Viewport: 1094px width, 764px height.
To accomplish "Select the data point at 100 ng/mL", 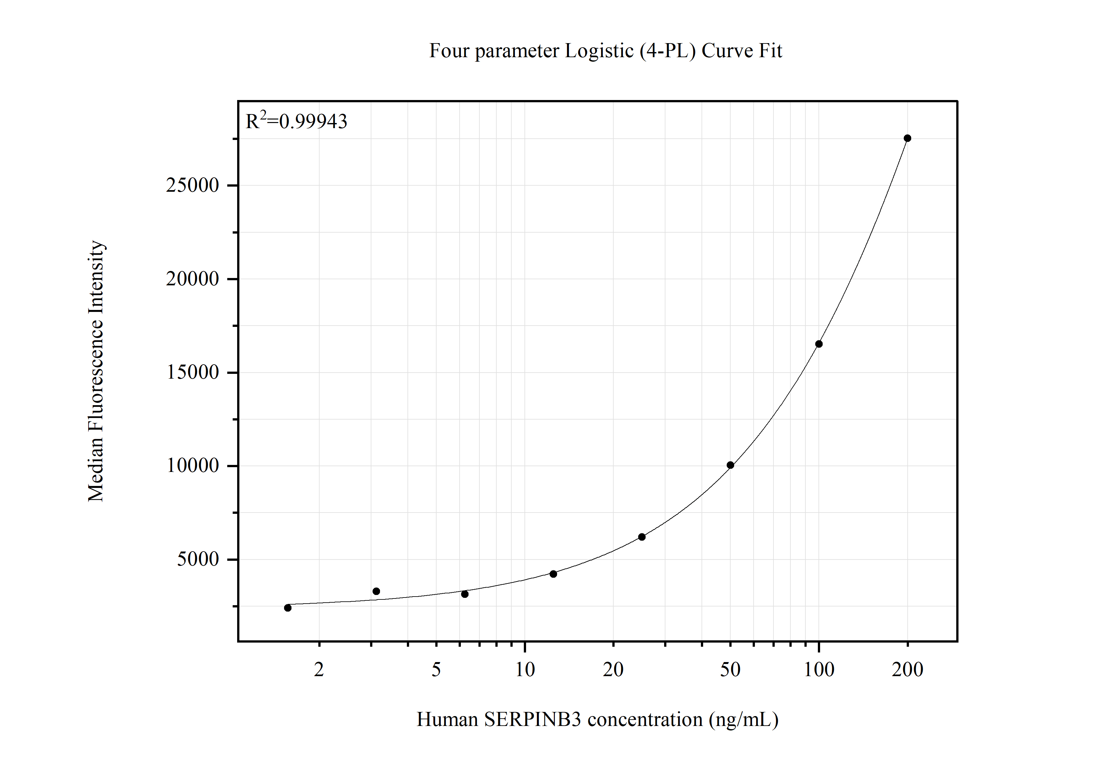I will pyautogui.click(x=819, y=344).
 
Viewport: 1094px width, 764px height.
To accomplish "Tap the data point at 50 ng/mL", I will pyautogui.click(x=730, y=465).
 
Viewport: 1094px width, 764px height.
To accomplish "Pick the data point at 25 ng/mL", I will pyautogui.click(x=642, y=537).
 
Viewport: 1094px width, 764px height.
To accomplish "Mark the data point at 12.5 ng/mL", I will pyautogui.click(x=553, y=574).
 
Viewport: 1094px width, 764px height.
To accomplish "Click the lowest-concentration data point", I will pyautogui.click(x=288, y=608).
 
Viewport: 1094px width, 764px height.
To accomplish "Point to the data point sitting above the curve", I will pyautogui.click(x=376, y=591).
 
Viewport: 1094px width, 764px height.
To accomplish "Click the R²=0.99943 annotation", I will pyautogui.click(x=296, y=121).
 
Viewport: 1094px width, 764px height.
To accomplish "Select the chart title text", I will pyautogui.click(x=605, y=51).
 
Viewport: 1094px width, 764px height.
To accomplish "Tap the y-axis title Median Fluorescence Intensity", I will pyautogui.click(x=96, y=371).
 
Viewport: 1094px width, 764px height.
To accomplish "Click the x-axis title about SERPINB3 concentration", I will pyautogui.click(x=598, y=719).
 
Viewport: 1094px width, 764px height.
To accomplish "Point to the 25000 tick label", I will pyautogui.click(x=192, y=185).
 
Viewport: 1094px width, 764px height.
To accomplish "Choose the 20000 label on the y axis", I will pyautogui.click(x=192, y=279).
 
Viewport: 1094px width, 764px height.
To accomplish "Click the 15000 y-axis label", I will pyautogui.click(x=192, y=372).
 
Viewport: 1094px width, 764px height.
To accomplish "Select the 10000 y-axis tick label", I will pyautogui.click(x=192, y=465).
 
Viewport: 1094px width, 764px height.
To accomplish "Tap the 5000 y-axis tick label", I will pyautogui.click(x=198, y=559).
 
